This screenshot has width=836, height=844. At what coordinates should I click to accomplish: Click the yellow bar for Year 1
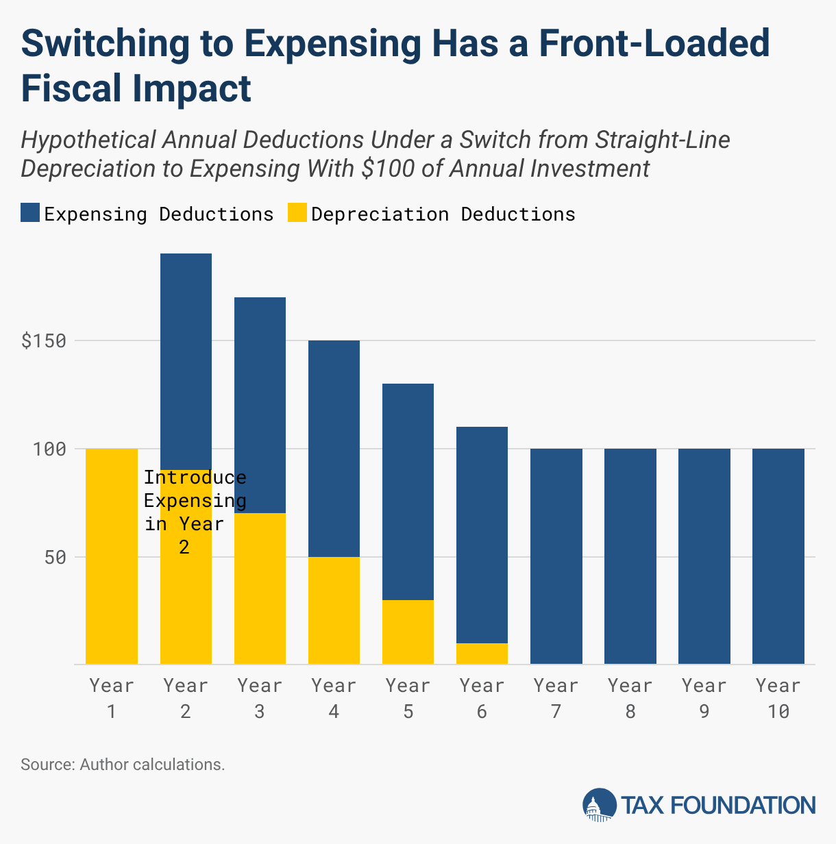point(112,556)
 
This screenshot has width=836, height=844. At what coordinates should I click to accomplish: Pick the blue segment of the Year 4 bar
point(334,448)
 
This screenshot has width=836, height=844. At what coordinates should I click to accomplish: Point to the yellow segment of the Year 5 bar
point(408,632)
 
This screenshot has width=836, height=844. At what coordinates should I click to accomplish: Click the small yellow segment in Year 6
point(482,654)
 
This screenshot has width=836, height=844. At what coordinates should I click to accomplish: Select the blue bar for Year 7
point(556,556)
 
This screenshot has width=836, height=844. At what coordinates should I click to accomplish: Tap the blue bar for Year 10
point(778,556)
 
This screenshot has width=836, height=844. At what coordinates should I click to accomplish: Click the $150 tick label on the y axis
point(44,341)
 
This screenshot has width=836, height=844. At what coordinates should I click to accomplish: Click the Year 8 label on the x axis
point(630,698)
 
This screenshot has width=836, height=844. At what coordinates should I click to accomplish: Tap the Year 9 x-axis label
point(704,698)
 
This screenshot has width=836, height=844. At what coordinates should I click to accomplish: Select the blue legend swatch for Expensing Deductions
point(30,213)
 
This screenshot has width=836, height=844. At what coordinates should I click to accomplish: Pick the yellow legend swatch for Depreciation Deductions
point(296,213)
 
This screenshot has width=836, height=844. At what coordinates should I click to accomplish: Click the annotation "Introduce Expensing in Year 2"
point(195,512)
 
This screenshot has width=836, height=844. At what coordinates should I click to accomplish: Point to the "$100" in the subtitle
point(388,169)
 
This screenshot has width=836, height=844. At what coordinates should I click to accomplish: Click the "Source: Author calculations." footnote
point(123,765)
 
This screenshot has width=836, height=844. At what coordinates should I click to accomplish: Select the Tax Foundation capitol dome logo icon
point(599,805)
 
